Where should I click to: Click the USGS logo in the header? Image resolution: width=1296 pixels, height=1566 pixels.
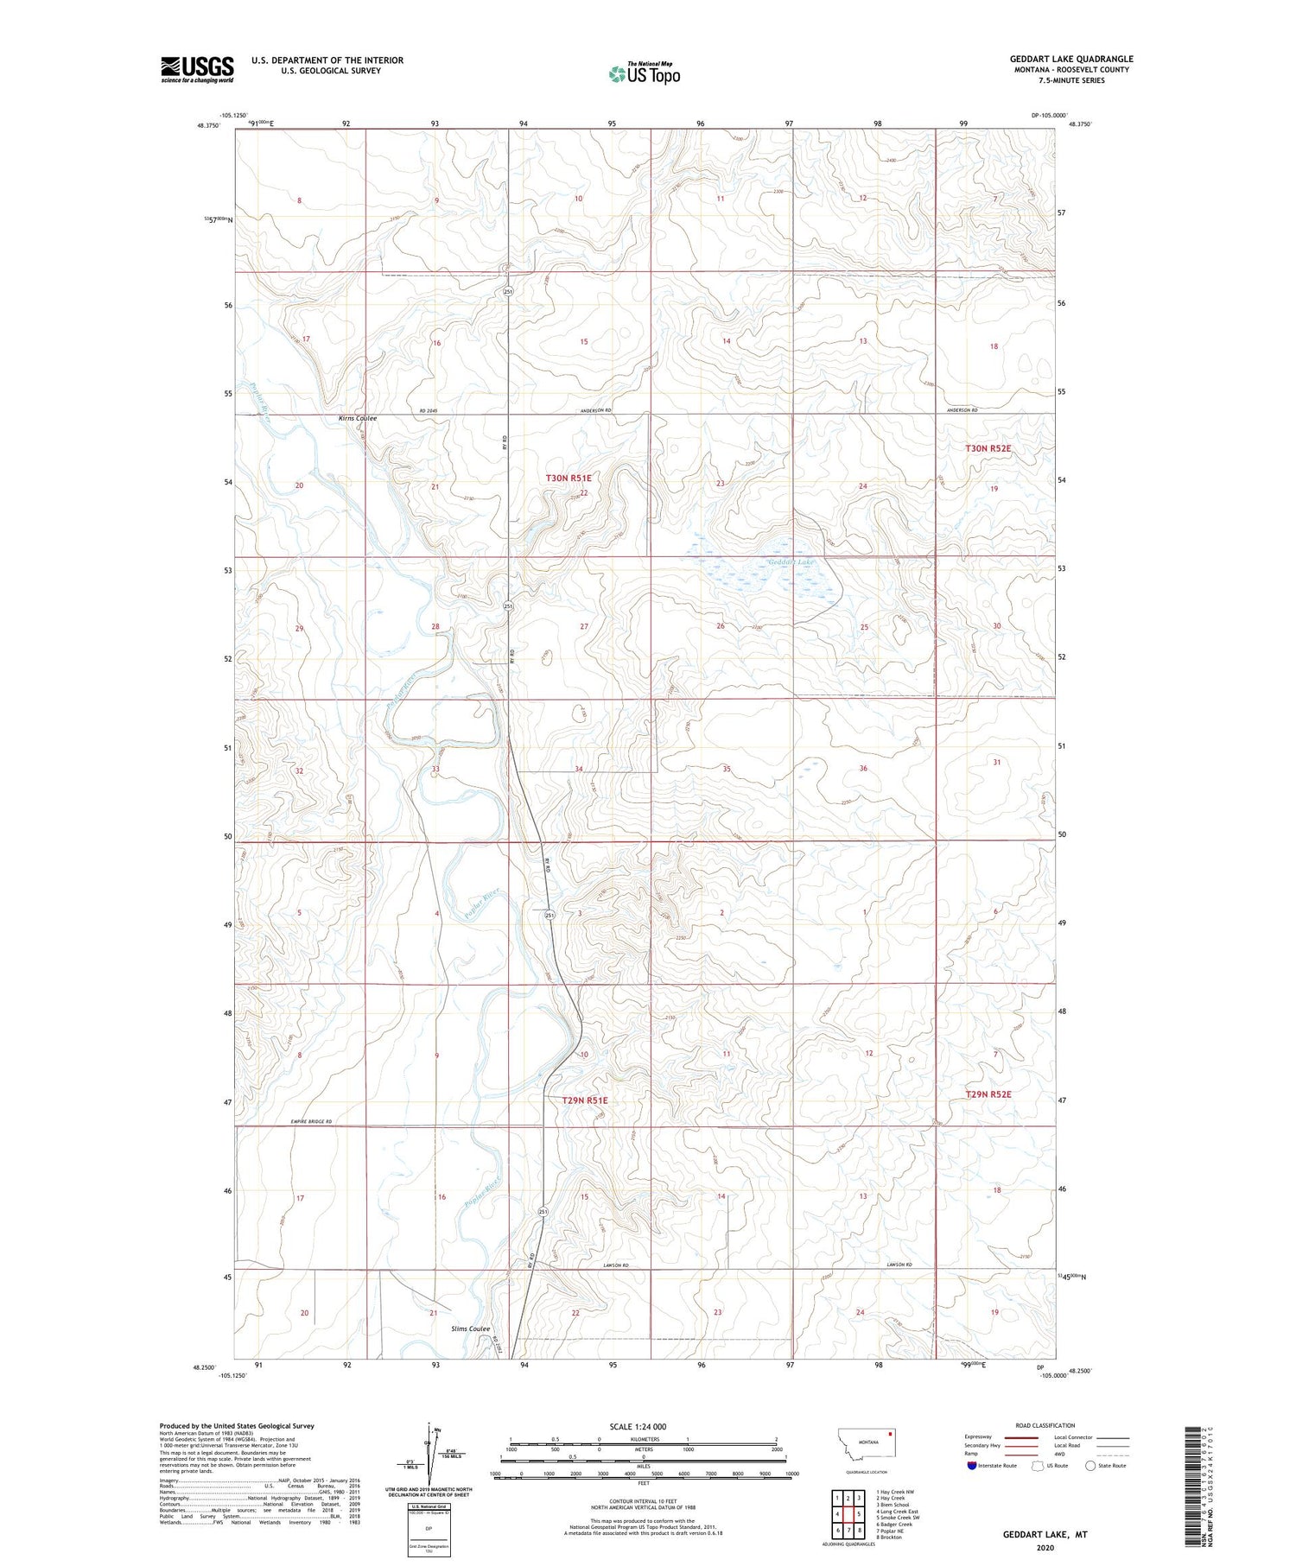[x=197, y=69]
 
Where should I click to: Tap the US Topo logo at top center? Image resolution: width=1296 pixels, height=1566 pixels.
[x=644, y=73]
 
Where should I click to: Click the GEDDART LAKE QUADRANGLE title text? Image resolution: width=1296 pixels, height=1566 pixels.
[x=1071, y=59]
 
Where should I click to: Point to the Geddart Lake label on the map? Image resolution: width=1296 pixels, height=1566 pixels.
[x=791, y=562]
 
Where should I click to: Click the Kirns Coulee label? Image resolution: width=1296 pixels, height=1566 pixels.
[x=357, y=418]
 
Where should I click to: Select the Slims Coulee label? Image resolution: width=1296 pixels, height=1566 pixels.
[x=470, y=1328]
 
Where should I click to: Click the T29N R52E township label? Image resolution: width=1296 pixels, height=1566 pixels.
[x=988, y=1094]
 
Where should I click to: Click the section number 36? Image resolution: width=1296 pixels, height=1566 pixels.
[x=863, y=768]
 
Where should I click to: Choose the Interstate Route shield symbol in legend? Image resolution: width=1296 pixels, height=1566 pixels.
[x=972, y=1465]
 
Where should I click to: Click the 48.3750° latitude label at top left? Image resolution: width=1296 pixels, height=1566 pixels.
[x=207, y=125]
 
